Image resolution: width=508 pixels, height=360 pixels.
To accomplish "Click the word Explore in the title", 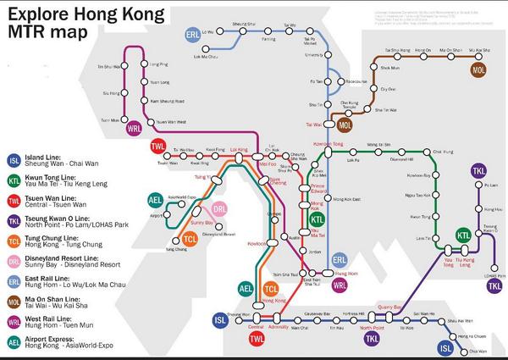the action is pyautogui.click(x=35, y=15).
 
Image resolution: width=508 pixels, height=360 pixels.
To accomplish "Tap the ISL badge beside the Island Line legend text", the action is pyautogui.click(x=14, y=160).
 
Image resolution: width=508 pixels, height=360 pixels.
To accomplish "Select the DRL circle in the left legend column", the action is pyautogui.click(x=14, y=260).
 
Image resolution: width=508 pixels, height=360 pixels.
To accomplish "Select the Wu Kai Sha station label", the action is pyautogui.click(x=479, y=52).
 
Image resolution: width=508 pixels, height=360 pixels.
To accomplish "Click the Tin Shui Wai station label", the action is pyautogui.click(x=109, y=65).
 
